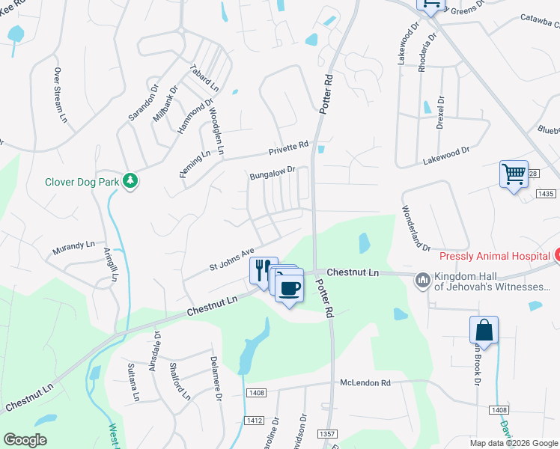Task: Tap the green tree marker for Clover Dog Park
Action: [x=130, y=181]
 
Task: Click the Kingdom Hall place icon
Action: [x=422, y=280]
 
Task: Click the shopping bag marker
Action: [x=484, y=330]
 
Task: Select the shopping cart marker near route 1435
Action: [x=514, y=174]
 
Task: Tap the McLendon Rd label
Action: [x=365, y=382]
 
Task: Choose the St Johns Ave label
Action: [x=232, y=260]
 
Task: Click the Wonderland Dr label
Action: [x=417, y=227]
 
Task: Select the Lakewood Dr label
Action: [x=445, y=155]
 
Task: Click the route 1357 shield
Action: [x=327, y=434]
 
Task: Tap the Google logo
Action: [x=25, y=439]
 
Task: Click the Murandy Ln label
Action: [x=73, y=245]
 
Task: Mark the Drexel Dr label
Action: [x=440, y=112]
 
